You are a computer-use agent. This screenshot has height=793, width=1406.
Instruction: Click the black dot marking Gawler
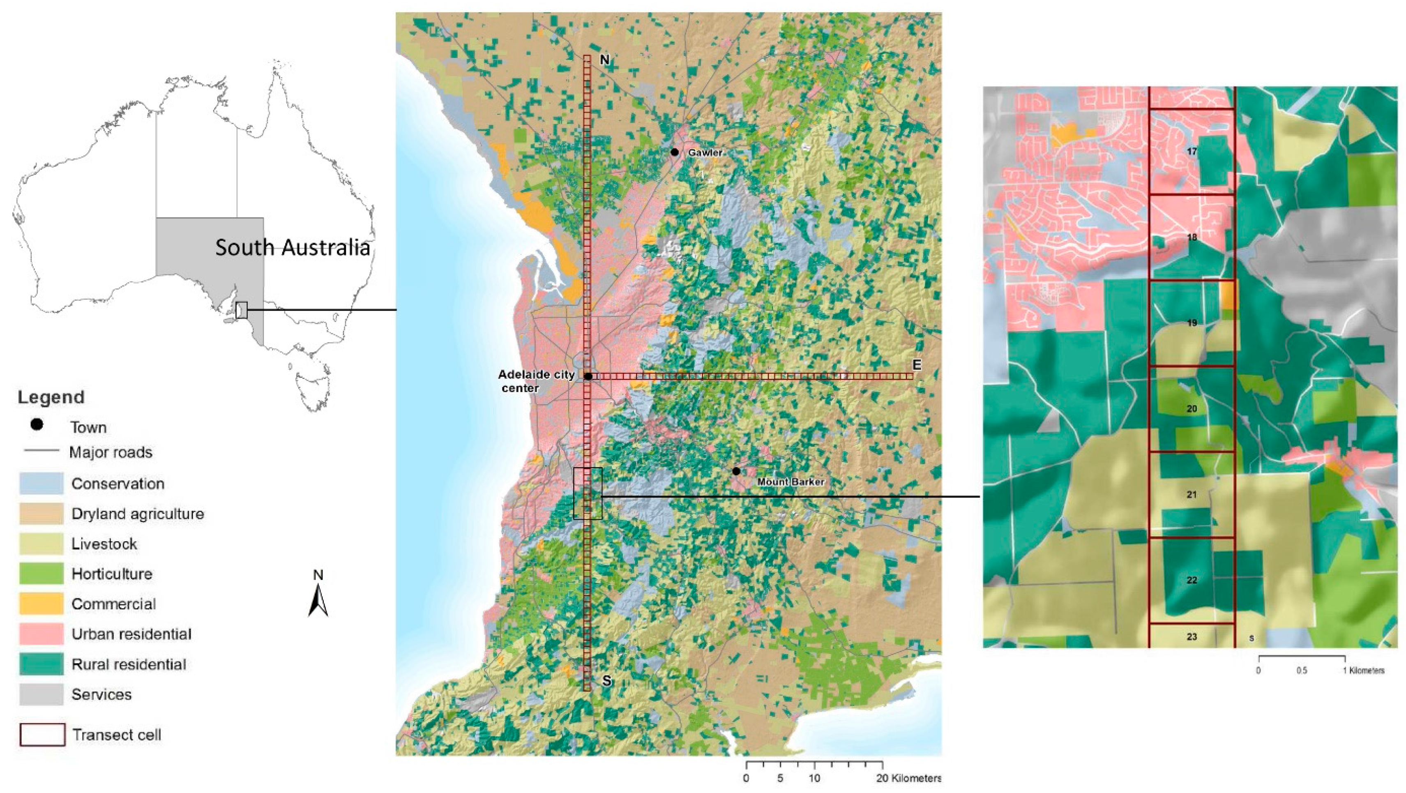675,152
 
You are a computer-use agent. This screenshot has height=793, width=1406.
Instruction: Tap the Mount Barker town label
791,482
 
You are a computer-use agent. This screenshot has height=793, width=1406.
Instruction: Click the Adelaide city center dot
588,377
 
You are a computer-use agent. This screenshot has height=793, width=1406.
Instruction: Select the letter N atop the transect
604,60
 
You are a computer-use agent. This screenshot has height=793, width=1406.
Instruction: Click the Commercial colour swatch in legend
41,604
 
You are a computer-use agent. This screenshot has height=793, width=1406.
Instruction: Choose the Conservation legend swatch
41,484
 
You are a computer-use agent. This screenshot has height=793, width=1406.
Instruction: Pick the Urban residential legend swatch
41,634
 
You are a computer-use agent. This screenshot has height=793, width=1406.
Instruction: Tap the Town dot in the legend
37,424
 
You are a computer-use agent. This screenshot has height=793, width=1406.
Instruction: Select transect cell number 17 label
1192,151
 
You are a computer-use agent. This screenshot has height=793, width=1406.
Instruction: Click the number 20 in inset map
1192,409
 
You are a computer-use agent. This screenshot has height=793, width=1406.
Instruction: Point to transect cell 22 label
1192,580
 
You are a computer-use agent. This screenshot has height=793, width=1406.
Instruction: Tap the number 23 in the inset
1192,637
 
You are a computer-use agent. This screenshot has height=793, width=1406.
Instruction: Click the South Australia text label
293,247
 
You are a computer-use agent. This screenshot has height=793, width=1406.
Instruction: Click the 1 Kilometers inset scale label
1363,671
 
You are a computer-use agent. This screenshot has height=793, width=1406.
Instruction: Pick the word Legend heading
51,397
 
